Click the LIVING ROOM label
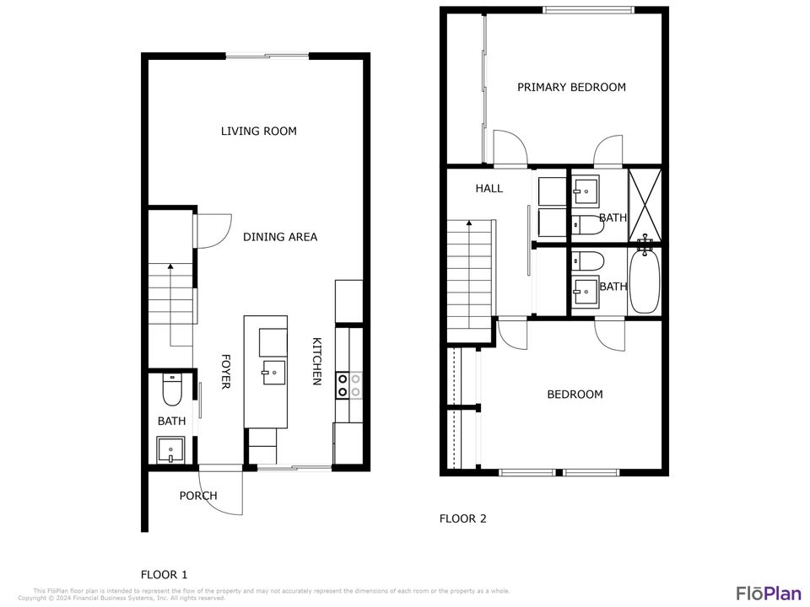[x=258, y=132]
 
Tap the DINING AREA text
[x=280, y=237]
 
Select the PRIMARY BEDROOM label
[x=571, y=88]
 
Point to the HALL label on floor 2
[x=489, y=189]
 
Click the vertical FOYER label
[x=225, y=372]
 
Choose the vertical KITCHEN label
[x=317, y=362]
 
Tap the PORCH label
[x=198, y=496]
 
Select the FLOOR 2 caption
[x=462, y=519]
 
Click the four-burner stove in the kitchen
[x=349, y=385]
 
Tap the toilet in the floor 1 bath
[x=172, y=390]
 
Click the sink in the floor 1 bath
[x=170, y=449]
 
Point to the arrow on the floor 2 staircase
[x=469, y=224]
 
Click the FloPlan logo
[x=769, y=593]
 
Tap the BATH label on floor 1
[x=171, y=421]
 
